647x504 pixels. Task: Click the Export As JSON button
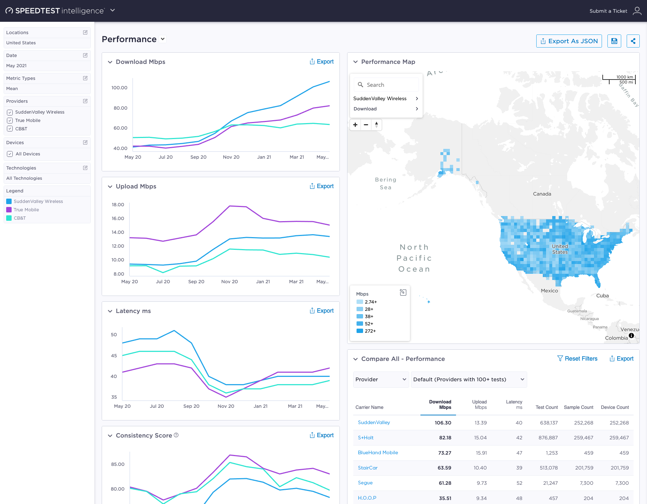(569, 41)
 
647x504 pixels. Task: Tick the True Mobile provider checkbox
(10, 121)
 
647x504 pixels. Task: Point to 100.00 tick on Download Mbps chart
(119, 88)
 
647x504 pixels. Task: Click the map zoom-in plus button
(355, 125)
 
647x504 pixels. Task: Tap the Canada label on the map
(542, 194)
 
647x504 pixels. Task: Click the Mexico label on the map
(549, 291)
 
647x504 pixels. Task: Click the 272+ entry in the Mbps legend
(370, 331)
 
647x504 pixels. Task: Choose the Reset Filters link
(577, 359)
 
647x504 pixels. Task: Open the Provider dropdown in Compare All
(381, 379)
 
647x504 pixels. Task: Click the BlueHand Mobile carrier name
(378, 453)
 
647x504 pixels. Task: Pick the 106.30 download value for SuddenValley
(443, 423)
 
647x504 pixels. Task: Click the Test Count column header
(546, 407)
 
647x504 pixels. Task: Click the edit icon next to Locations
(85, 32)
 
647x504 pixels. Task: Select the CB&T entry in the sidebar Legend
(20, 218)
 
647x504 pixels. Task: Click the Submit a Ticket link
(608, 11)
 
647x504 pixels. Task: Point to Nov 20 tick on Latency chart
(226, 406)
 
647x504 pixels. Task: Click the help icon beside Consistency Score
(176, 435)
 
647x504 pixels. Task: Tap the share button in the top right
(633, 41)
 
